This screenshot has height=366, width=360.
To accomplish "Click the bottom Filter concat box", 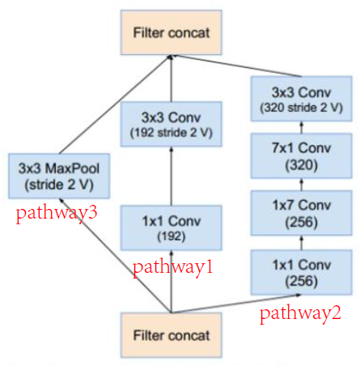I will [172, 334].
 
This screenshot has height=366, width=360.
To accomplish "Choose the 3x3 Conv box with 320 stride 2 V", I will [302, 98].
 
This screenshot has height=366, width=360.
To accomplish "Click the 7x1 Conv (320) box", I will [302, 156].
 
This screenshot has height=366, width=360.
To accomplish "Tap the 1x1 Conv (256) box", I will [302, 271].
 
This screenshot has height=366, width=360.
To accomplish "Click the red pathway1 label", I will [172, 266].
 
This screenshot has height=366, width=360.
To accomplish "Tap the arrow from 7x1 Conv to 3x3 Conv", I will [302, 127].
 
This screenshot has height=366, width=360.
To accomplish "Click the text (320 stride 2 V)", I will [302, 106].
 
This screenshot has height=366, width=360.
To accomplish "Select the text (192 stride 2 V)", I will [172, 131].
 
